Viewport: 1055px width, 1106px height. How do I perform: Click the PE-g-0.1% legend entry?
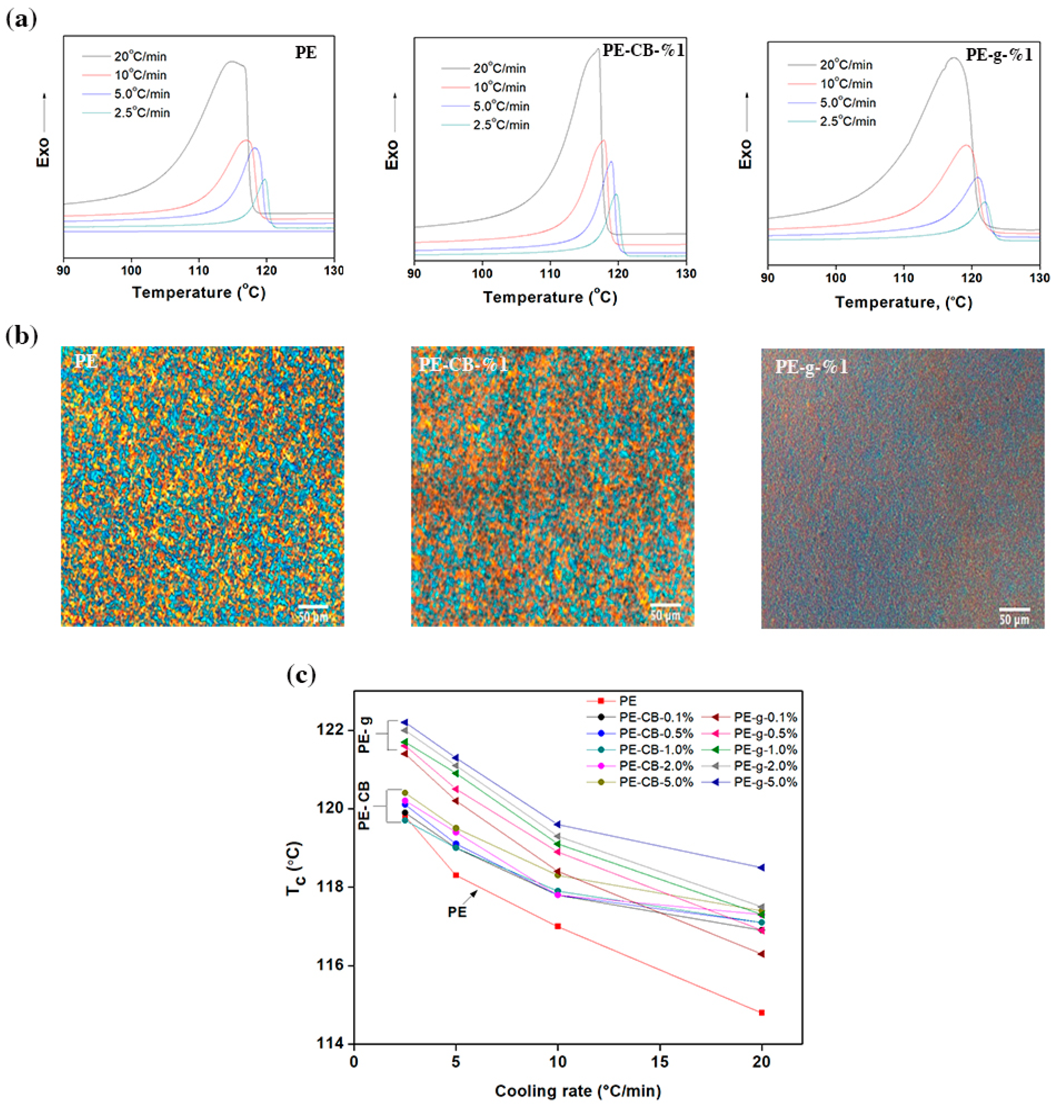(x=765, y=717)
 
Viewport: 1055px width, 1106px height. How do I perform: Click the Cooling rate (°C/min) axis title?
(x=577, y=1091)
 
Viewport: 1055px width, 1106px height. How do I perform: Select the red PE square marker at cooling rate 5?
(x=455, y=875)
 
